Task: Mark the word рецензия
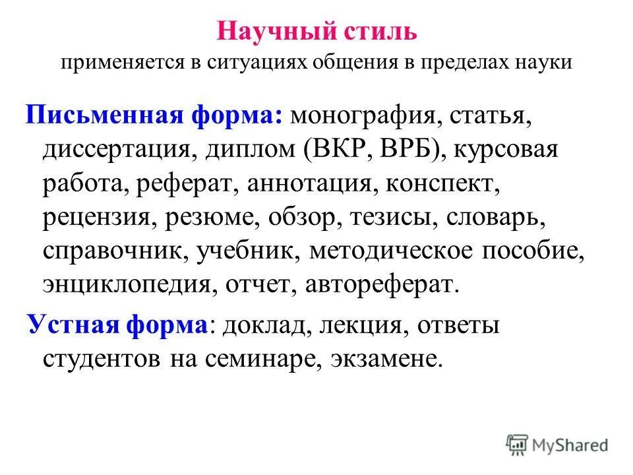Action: (x=96, y=218)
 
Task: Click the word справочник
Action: (x=111, y=251)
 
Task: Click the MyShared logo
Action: (x=557, y=445)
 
